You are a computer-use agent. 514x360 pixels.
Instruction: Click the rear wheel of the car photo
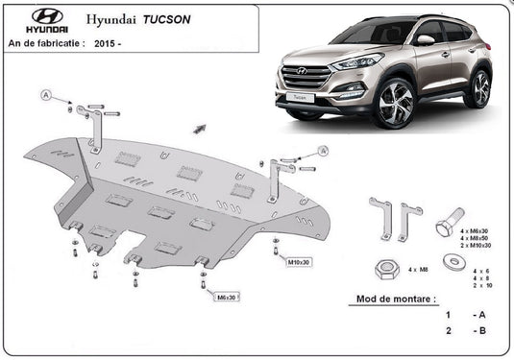(x=477, y=88)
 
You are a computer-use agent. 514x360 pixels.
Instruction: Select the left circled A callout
(x=45, y=94)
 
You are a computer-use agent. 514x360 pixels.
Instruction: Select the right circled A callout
(x=322, y=151)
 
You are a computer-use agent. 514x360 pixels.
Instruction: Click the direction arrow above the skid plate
(x=200, y=127)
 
